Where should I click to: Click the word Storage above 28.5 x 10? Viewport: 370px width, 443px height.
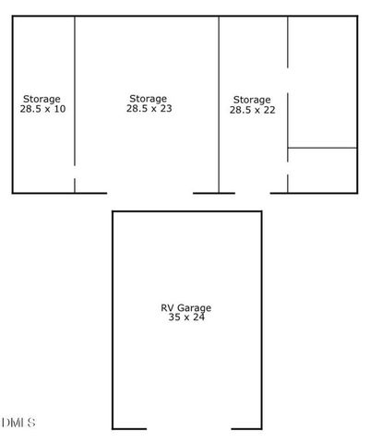click(42, 99)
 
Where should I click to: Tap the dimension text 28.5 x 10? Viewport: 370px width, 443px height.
click(42, 109)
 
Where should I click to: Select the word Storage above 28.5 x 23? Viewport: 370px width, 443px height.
click(148, 98)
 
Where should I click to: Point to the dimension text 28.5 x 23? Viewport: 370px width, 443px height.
click(149, 108)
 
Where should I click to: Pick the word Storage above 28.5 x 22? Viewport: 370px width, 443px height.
click(252, 99)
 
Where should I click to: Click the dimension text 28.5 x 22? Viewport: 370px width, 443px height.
click(252, 109)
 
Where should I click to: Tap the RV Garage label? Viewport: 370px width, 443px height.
click(186, 307)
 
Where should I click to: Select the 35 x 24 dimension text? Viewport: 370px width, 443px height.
click(186, 317)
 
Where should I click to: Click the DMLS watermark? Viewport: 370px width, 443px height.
click(18, 423)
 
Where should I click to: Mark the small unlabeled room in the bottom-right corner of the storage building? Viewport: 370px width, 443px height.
click(322, 170)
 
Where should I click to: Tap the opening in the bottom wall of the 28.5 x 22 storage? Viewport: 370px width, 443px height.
click(252, 192)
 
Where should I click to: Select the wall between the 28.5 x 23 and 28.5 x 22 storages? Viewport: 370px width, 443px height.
click(219, 102)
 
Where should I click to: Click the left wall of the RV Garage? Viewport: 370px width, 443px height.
click(113, 318)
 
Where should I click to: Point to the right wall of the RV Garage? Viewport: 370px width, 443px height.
click(261, 318)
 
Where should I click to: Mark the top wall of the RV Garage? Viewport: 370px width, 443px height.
click(186, 211)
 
